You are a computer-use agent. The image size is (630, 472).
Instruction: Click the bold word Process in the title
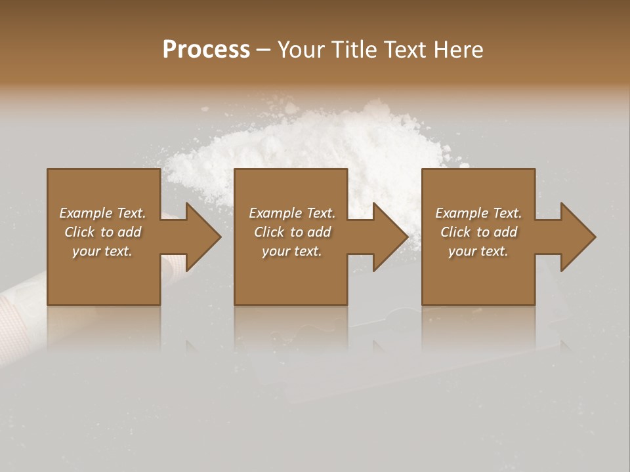coord(206,50)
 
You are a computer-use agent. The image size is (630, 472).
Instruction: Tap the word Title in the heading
coord(355,50)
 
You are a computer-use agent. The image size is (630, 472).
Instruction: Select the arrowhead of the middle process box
coord(389,237)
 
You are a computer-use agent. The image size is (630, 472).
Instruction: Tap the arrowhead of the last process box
coord(577,237)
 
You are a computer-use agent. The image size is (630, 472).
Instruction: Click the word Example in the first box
coord(85,213)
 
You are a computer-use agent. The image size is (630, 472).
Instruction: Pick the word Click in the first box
coord(80,232)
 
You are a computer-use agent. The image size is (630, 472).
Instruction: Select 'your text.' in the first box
coord(102,251)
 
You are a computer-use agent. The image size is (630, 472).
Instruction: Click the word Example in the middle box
coord(275,213)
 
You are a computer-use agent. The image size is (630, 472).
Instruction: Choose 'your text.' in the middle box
coord(292,251)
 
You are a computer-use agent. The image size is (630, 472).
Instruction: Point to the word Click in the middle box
coord(270,232)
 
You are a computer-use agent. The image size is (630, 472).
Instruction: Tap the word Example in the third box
coord(461,213)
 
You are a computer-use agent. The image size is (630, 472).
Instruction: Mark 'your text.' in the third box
coord(478,251)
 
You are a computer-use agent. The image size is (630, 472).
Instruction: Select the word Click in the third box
coord(456,232)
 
